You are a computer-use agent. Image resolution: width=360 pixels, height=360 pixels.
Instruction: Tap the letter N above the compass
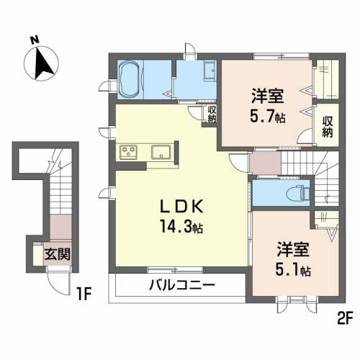pyautogui.click(x=33, y=40)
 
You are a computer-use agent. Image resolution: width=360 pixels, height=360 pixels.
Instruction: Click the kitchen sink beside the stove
pyautogui.click(x=161, y=151)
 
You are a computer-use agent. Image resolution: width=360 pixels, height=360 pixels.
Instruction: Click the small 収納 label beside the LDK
pyautogui.click(x=211, y=115)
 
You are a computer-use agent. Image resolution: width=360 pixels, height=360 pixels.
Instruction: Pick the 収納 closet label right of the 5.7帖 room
pyautogui.click(x=328, y=127)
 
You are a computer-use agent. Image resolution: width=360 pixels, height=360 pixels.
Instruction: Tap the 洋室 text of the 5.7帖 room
pyautogui.click(x=267, y=95)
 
